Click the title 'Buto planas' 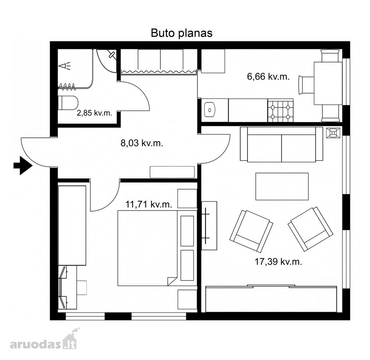(x=181, y=33)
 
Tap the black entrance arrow (x=23, y=166)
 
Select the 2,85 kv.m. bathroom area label (x=95, y=113)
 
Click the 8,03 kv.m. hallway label (x=142, y=143)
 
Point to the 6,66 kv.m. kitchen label (x=268, y=77)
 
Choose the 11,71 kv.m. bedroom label (x=149, y=204)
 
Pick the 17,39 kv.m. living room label (x=278, y=262)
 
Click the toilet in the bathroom (x=68, y=103)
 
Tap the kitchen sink (x=210, y=110)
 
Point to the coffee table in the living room (x=282, y=186)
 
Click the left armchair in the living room (x=251, y=231)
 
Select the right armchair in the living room (x=310, y=229)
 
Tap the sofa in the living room (x=282, y=144)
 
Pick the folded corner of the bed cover (x=172, y=281)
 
